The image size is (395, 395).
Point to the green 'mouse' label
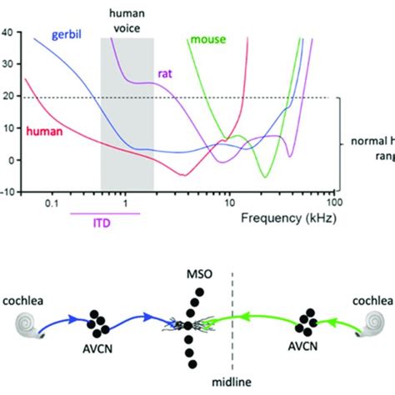[x=208, y=39]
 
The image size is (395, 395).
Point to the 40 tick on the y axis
[x=9, y=32]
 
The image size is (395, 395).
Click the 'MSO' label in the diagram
[x=197, y=275]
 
